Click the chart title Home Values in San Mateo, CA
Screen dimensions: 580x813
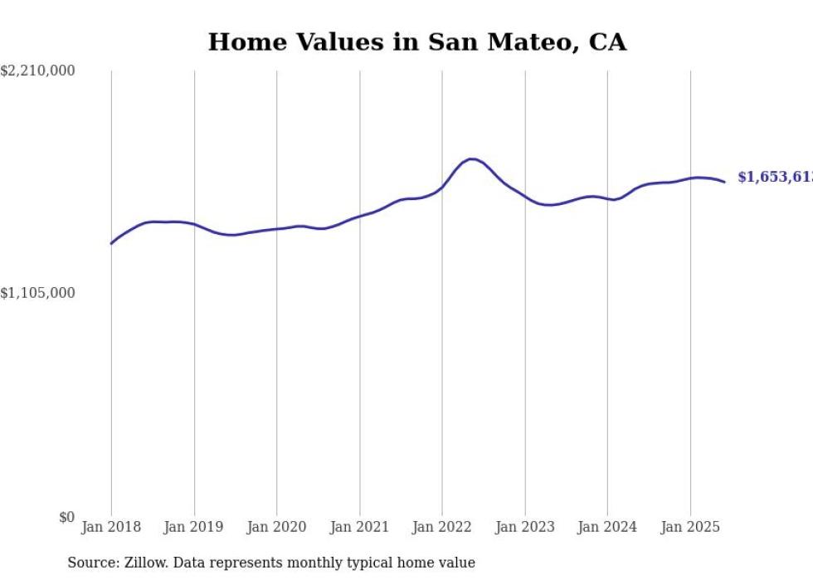pyautogui.click(x=416, y=41)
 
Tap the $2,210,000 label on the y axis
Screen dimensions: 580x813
pyautogui.click(x=37, y=72)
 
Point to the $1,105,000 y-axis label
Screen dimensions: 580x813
pyautogui.click(x=37, y=293)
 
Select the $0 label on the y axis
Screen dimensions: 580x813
pyautogui.click(x=66, y=517)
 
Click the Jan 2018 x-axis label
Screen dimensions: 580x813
pyautogui.click(x=111, y=527)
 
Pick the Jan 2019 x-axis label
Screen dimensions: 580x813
pyautogui.click(x=194, y=527)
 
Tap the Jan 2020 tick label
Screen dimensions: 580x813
pyautogui.click(x=276, y=527)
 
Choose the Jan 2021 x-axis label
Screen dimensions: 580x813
pyautogui.click(x=359, y=527)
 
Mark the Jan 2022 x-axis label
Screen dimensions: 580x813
pyautogui.click(x=442, y=527)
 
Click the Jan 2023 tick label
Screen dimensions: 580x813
pyautogui.click(x=524, y=527)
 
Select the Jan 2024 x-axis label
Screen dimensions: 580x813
pyautogui.click(x=607, y=527)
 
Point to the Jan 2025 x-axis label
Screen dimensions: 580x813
pyautogui.click(x=690, y=527)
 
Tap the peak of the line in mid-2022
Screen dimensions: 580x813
pyautogui.click(x=471, y=158)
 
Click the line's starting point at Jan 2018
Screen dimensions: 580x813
pyautogui.click(x=111, y=243)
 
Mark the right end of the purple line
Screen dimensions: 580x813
pyautogui.click(x=724, y=182)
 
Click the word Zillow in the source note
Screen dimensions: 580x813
pyautogui.click(x=143, y=563)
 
